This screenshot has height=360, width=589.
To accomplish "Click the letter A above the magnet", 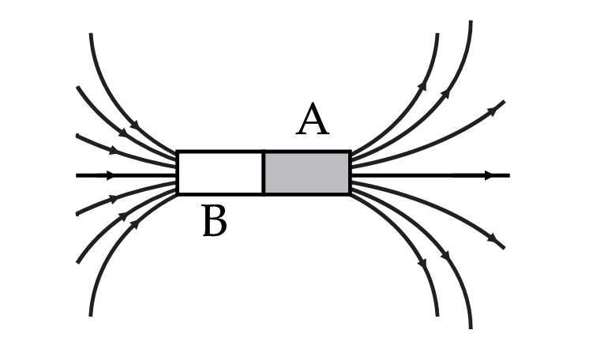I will [x=313, y=122].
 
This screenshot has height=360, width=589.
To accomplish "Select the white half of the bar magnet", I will [x=220, y=173].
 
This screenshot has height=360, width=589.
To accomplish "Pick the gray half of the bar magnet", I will [x=306, y=173].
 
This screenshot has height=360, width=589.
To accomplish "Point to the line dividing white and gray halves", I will [x=263, y=173].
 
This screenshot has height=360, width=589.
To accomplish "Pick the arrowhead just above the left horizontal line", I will [x=113, y=149].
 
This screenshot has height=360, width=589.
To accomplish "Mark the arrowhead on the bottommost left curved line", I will [x=134, y=225].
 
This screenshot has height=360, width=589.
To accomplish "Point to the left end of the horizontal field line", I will [x=77, y=174].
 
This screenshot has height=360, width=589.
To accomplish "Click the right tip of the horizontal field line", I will [x=508, y=174].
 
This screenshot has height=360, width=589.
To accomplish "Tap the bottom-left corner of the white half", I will [x=178, y=193].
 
